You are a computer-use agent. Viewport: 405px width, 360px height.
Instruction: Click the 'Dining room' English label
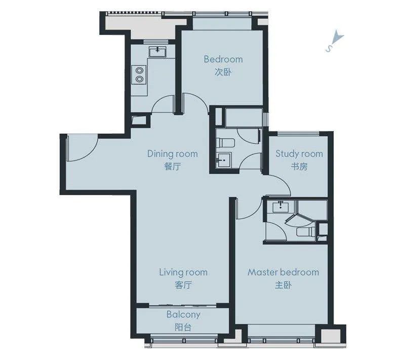point(173,153)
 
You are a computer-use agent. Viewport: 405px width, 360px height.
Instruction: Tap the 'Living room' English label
point(183,272)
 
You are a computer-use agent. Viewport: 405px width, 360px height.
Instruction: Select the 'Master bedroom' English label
point(283,272)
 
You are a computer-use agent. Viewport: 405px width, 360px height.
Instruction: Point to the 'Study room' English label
point(299,153)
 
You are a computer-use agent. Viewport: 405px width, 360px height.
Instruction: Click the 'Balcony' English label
point(183,315)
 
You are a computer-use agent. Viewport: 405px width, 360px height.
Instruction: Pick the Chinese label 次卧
point(223,72)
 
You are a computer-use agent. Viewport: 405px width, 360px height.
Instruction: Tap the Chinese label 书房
point(299,167)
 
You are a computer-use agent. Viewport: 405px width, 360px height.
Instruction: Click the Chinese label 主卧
point(283,285)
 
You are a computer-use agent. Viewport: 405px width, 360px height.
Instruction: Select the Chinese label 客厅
point(183,285)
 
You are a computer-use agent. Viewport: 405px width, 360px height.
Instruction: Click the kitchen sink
point(157,52)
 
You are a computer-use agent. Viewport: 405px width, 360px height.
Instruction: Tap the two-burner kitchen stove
point(139,74)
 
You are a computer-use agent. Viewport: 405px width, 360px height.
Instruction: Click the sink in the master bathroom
point(280,207)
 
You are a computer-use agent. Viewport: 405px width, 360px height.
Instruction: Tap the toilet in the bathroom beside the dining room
point(225,143)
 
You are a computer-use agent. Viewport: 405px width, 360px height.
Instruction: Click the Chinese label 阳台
point(183,328)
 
